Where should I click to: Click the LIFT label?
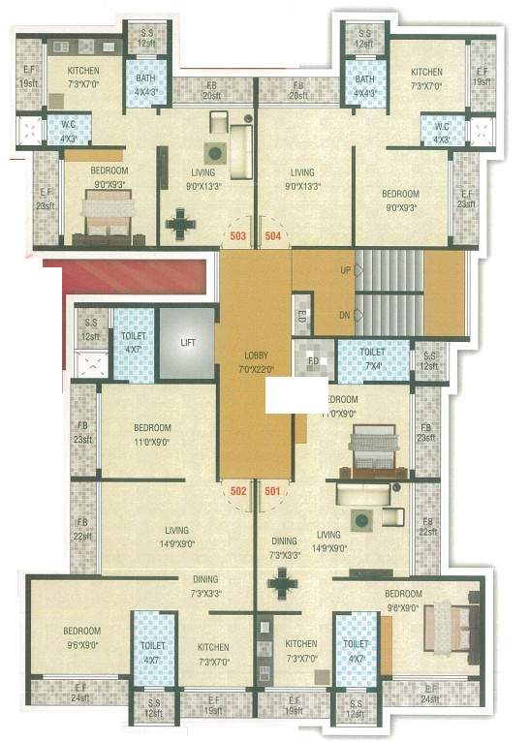click(186, 343)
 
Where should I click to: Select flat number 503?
click(237, 235)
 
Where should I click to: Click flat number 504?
click(273, 235)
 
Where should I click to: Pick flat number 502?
click(238, 490)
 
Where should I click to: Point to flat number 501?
click(273, 490)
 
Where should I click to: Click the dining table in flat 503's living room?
click(180, 224)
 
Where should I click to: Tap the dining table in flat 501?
click(283, 583)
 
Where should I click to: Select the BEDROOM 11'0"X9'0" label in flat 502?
click(152, 433)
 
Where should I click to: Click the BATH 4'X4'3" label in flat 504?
click(365, 84)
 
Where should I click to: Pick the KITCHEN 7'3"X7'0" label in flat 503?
click(82, 77)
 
